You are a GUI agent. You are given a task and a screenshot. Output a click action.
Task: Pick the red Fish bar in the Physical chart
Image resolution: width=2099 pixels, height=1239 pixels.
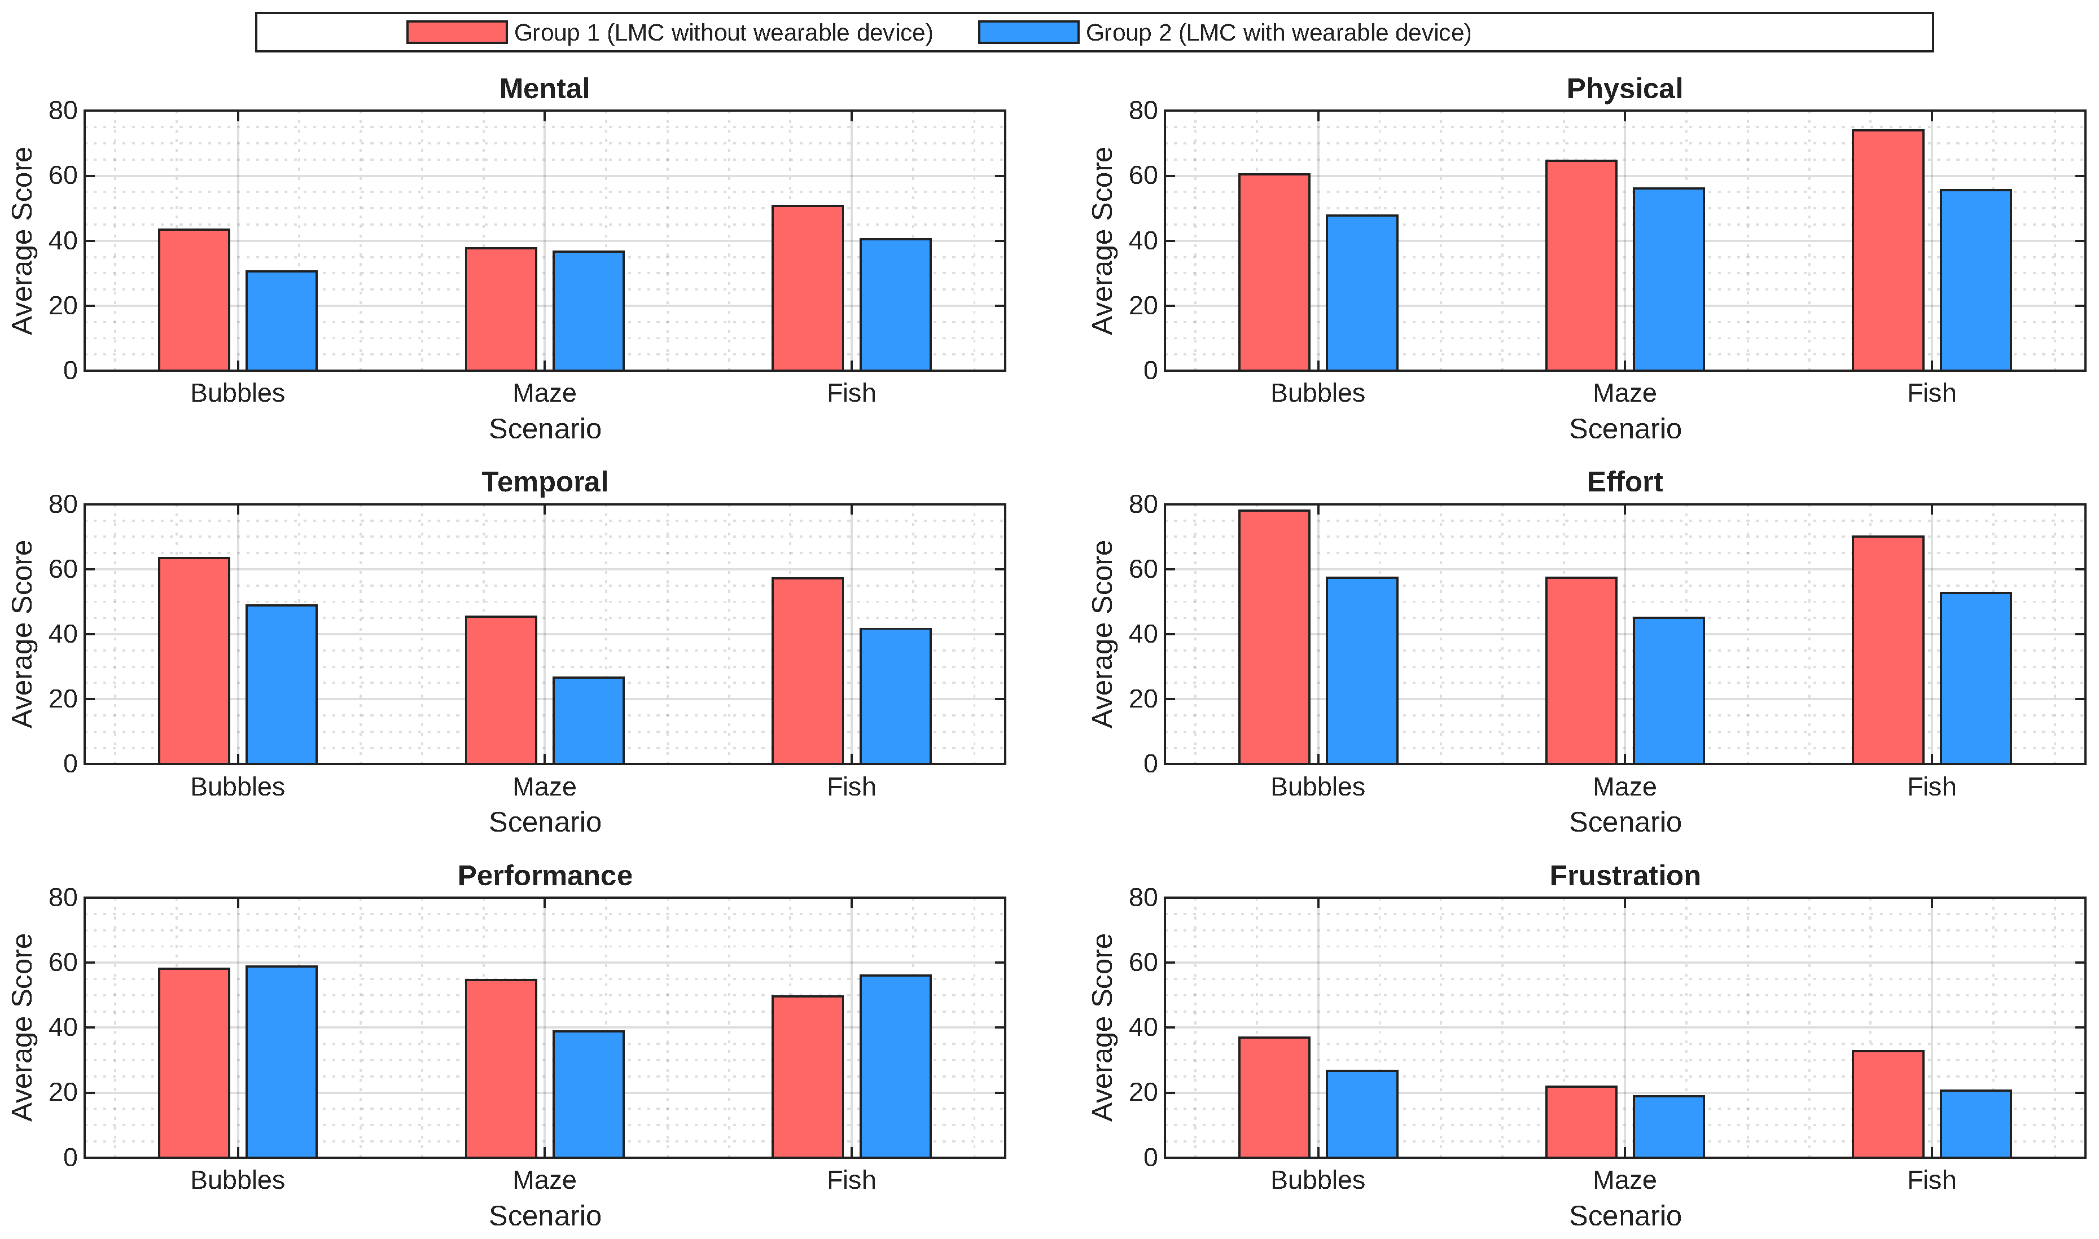[x=1888, y=251]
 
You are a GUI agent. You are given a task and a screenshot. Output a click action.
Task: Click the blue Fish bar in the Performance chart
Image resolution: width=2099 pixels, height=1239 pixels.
[x=895, y=1066]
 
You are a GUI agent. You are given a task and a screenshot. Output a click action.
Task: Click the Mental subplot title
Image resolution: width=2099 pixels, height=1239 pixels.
[x=545, y=89]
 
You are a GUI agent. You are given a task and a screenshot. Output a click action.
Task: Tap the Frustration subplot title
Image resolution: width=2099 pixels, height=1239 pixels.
[x=1625, y=876]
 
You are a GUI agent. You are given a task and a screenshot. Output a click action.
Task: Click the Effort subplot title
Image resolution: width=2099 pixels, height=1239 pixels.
[x=1625, y=482]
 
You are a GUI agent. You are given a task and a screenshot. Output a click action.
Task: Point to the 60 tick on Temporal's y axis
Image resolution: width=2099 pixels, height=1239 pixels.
[x=63, y=569]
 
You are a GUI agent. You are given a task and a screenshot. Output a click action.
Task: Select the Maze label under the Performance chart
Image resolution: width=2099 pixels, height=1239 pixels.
[x=545, y=1180]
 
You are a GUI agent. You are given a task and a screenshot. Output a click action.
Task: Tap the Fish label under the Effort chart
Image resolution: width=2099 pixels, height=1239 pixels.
[x=1931, y=787]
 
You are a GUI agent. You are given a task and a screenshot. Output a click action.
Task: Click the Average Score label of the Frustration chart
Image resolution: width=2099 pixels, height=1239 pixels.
[x=1103, y=1028]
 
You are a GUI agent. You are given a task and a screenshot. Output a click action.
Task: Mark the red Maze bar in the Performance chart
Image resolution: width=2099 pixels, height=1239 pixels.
[x=501, y=1069]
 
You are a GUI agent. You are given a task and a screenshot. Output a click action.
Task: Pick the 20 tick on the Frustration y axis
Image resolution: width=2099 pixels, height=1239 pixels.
[x=1143, y=1093]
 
